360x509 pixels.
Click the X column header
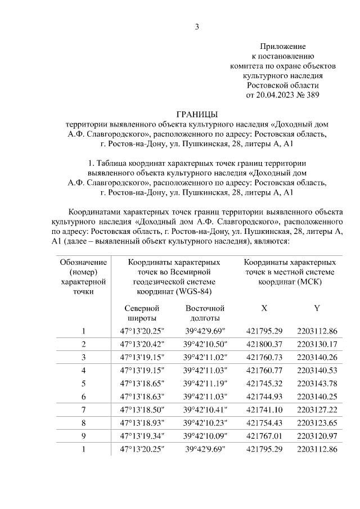pyautogui.click(x=264, y=308)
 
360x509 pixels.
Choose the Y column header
pyautogui.click(x=318, y=308)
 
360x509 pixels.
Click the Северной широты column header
pyautogui.click(x=142, y=313)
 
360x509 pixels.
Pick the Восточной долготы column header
pyautogui.click(x=205, y=313)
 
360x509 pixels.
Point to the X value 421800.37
pyautogui.click(x=264, y=344)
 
